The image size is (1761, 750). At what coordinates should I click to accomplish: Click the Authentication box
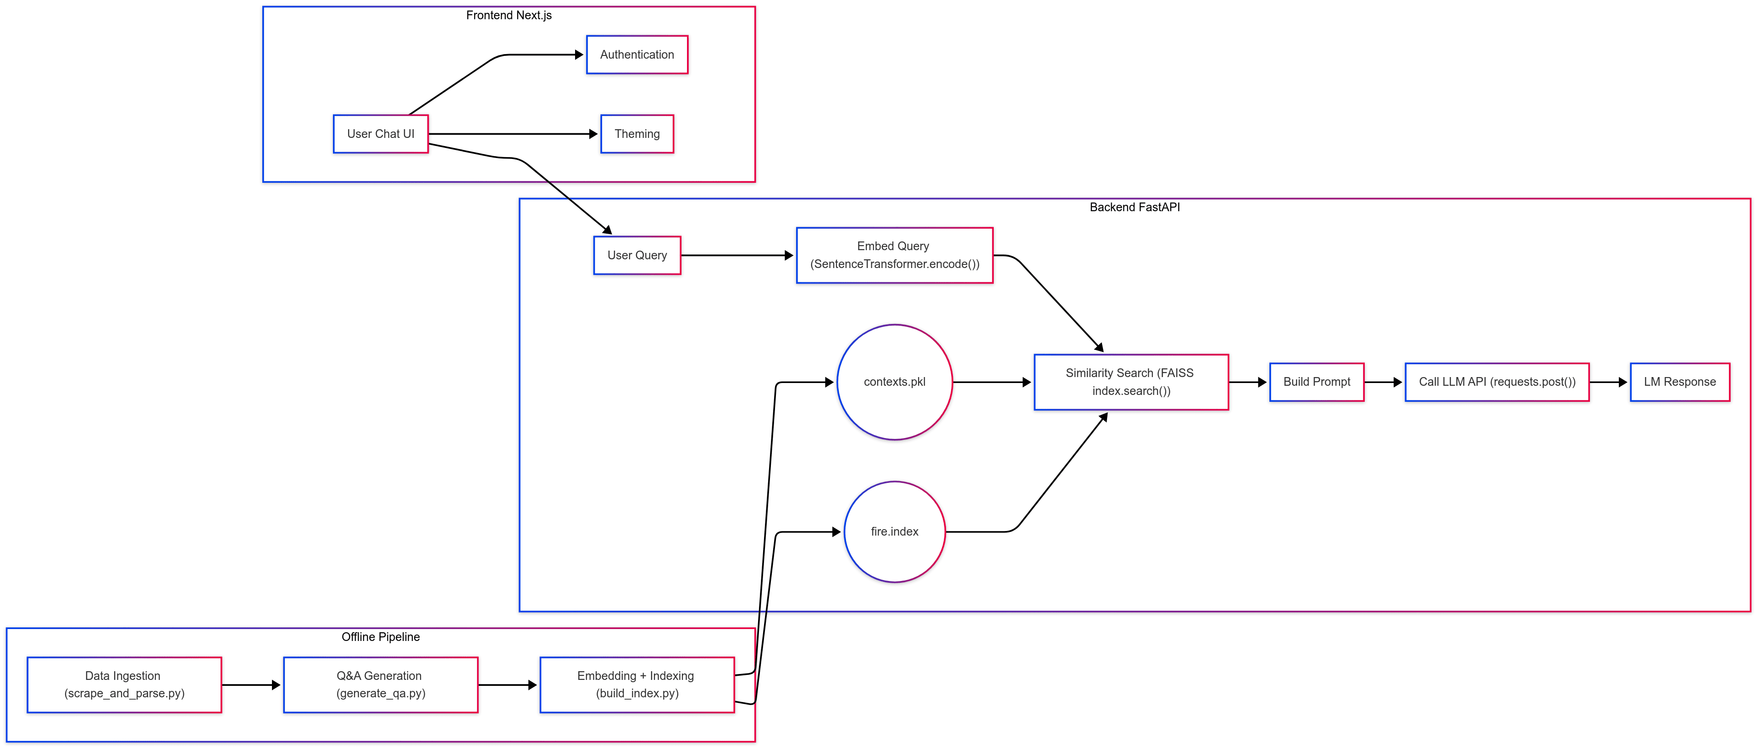click(x=637, y=55)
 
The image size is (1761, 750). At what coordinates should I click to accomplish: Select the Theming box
click(x=637, y=134)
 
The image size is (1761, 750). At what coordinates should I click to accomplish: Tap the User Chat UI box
click(x=380, y=134)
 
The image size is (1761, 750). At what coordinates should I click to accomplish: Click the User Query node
click(x=637, y=256)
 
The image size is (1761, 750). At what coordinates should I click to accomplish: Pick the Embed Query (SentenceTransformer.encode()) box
click(x=894, y=256)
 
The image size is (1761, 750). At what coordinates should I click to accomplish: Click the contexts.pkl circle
click(x=894, y=382)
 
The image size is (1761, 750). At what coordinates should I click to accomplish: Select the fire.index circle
click(x=894, y=531)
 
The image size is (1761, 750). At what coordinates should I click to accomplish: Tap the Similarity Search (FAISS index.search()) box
click(x=1131, y=382)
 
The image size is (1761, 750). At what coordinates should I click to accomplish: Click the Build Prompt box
click(x=1316, y=382)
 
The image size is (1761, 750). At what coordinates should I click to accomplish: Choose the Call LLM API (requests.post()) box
click(x=1496, y=382)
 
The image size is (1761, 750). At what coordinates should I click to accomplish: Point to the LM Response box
click(x=1679, y=382)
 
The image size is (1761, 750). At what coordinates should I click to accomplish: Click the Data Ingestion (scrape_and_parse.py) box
click(x=124, y=684)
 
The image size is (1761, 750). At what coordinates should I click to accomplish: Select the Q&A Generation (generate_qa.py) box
click(x=380, y=684)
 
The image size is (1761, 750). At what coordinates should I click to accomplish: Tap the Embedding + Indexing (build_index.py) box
click(x=637, y=684)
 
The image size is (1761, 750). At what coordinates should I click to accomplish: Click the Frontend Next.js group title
click(x=509, y=15)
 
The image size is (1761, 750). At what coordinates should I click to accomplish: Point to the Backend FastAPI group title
click(x=1134, y=207)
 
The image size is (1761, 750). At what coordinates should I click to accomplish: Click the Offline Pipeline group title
click(x=380, y=637)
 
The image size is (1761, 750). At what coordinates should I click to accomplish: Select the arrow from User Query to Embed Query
click(x=737, y=256)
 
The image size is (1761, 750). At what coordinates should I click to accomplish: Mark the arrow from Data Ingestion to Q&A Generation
click(x=251, y=684)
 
